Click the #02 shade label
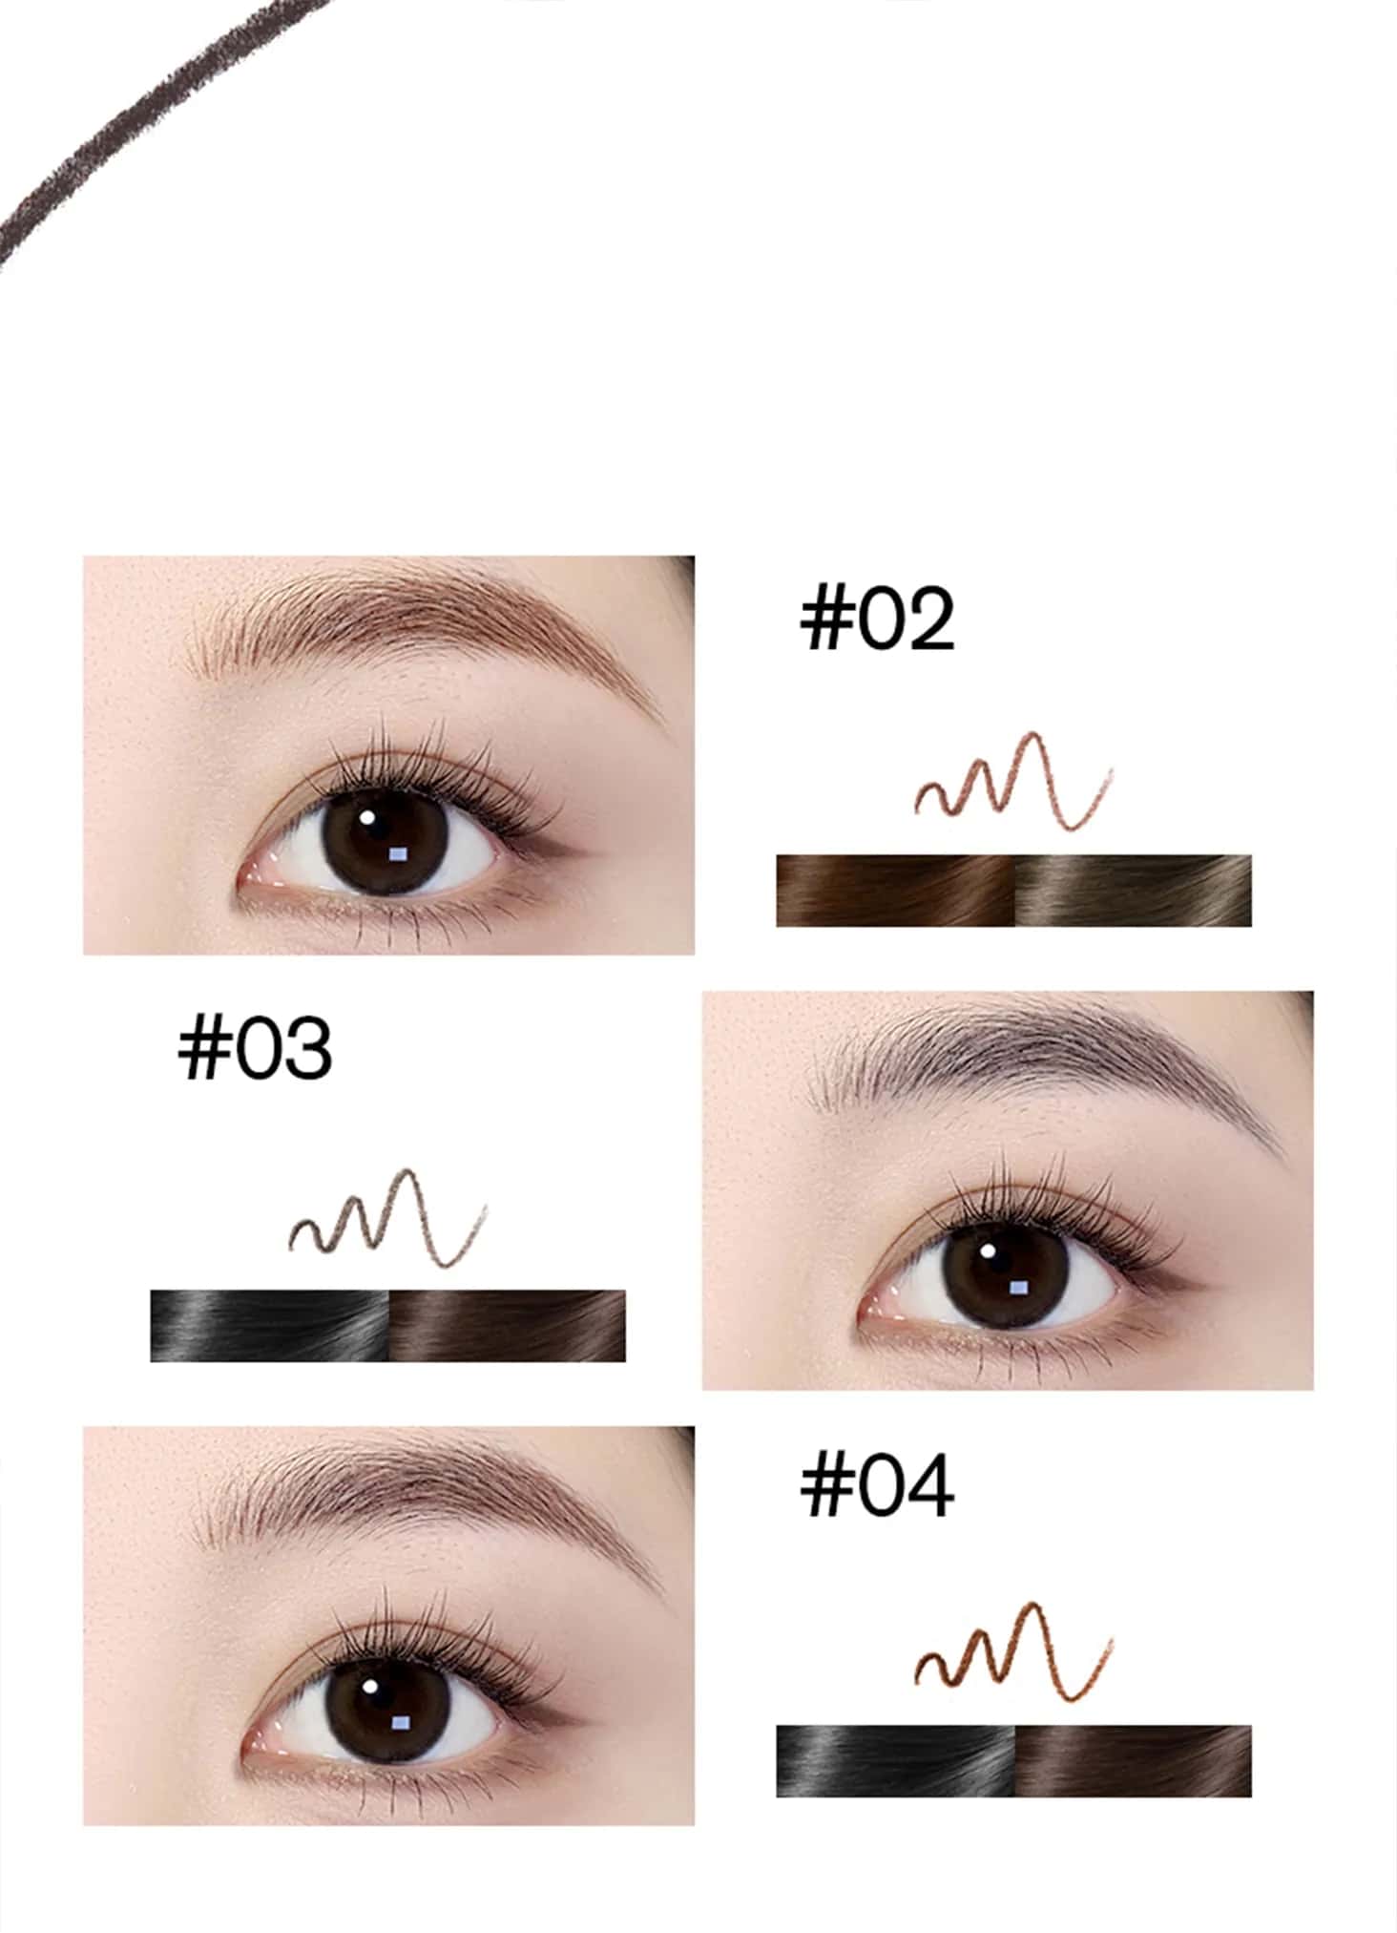point(877,620)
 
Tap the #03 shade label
point(255,1048)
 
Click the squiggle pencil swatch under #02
point(1013,780)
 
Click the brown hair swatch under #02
point(895,891)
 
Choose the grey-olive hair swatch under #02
point(1133,891)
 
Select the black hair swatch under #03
point(270,1326)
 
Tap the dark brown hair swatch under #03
point(508,1326)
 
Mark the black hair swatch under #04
point(895,1761)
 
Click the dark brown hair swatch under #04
point(1133,1761)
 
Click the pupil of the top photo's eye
point(382,840)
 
